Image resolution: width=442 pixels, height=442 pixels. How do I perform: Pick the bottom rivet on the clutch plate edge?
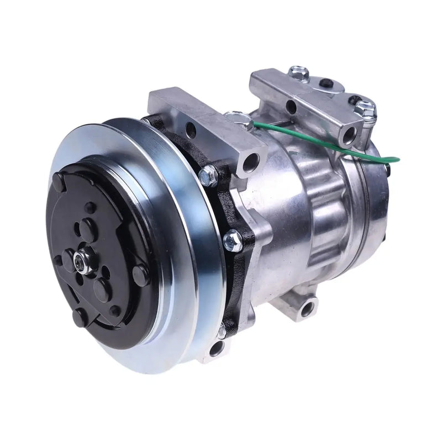[78, 317]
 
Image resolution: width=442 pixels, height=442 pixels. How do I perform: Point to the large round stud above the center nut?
[88, 227]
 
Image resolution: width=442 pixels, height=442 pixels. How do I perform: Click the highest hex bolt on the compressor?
[298, 72]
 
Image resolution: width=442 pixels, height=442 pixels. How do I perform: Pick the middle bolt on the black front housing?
[231, 239]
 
